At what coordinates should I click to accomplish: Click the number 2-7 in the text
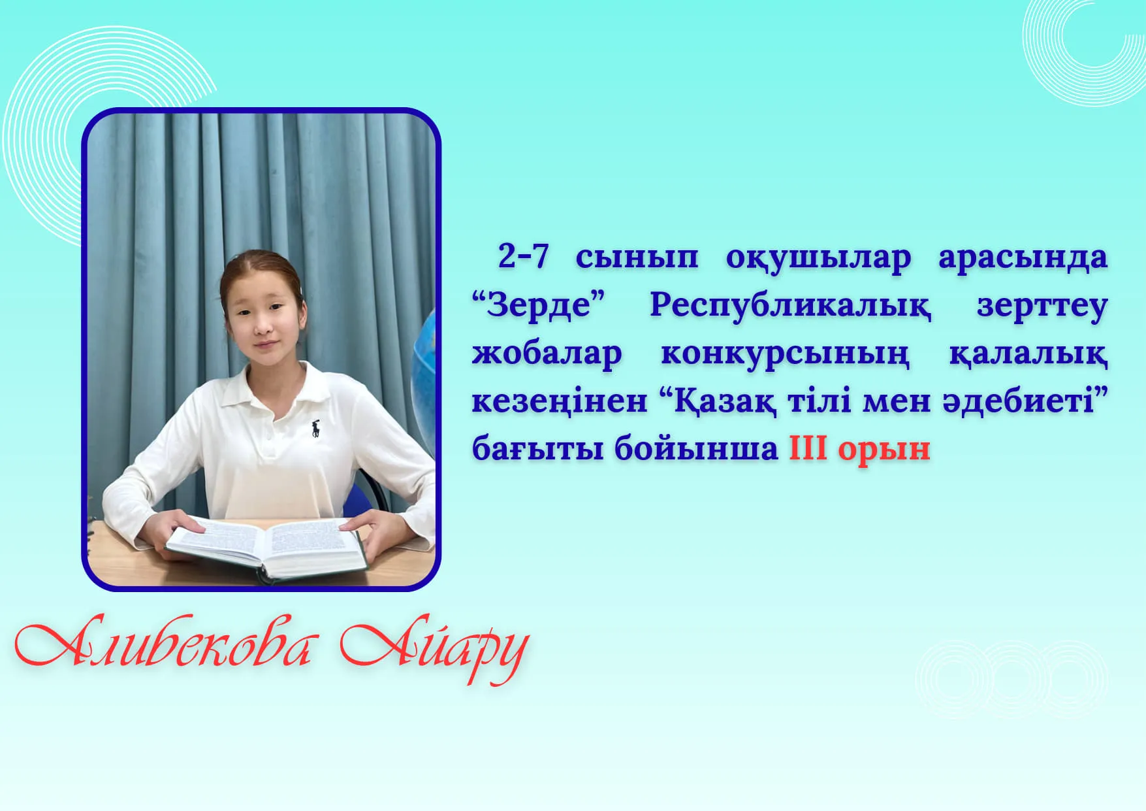pos(522,256)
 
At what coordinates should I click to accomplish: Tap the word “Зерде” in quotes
pos(539,305)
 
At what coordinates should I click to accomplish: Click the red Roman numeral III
pos(808,448)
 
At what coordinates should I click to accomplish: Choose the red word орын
pos(884,451)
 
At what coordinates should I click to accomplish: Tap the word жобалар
pos(547,354)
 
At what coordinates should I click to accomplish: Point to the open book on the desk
pos(265,548)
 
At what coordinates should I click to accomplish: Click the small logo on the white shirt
pos(316,428)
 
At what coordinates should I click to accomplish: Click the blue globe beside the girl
pos(423,380)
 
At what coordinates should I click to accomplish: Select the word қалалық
pos(1028,354)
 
